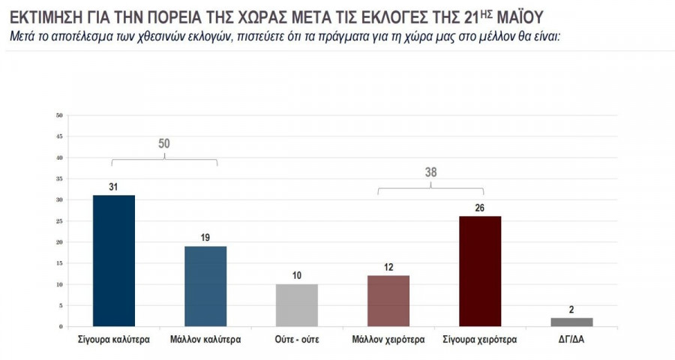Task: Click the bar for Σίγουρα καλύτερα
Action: click(x=113, y=260)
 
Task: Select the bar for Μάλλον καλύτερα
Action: click(x=205, y=286)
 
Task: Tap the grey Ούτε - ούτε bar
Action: click(x=297, y=305)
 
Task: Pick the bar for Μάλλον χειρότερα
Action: click(x=388, y=301)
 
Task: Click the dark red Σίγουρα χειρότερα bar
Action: click(x=480, y=271)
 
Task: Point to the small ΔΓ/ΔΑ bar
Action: click(x=571, y=322)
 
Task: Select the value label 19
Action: click(x=205, y=238)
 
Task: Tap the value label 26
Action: click(x=480, y=208)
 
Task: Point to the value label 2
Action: click(x=571, y=310)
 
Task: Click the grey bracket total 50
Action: click(x=164, y=144)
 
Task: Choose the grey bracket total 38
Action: click(x=431, y=172)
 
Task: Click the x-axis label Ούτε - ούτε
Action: click(x=297, y=339)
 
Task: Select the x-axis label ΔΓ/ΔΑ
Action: click(x=571, y=339)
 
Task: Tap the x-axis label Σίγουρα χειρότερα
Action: click(x=480, y=339)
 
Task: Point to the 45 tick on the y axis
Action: click(x=59, y=136)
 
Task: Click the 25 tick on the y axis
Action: click(x=59, y=221)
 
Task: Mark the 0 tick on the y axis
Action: click(x=60, y=327)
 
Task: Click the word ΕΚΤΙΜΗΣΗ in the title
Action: click(x=43, y=15)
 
